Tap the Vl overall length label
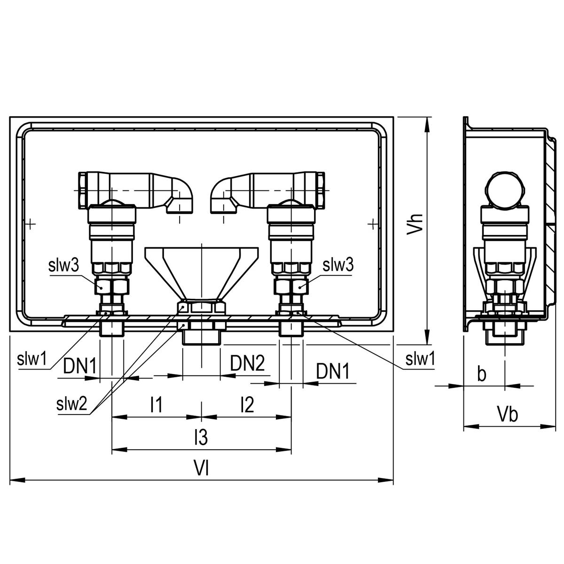coord(201,467)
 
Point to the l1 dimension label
coord(156,404)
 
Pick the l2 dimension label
coord(247,404)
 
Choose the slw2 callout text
coord(72,404)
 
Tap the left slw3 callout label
coord(63,265)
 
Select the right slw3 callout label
coord(338,264)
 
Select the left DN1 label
coord(79,365)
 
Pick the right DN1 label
coord(333,371)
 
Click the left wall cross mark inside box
coord(30,224)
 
